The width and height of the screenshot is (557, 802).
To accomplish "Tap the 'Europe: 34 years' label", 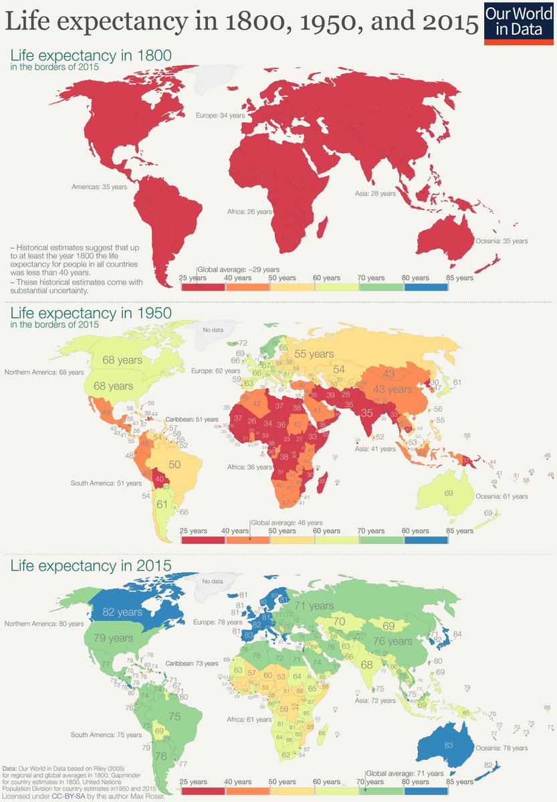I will tap(220, 116).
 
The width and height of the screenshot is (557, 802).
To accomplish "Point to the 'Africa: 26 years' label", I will tap(250, 211).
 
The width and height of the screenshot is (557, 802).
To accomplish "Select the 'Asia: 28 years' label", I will tap(374, 193).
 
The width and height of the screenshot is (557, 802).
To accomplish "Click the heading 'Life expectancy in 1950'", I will tap(91, 313).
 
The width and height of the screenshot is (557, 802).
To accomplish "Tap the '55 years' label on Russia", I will tap(316, 354).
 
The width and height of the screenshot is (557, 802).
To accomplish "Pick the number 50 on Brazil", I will tap(174, 463).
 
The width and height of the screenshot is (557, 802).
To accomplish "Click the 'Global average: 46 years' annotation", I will tap(287, 523).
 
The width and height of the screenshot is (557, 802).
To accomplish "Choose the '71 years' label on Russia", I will tap(314, 606).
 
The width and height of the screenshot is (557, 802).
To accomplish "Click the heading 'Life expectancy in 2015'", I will tap(91, 565).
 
